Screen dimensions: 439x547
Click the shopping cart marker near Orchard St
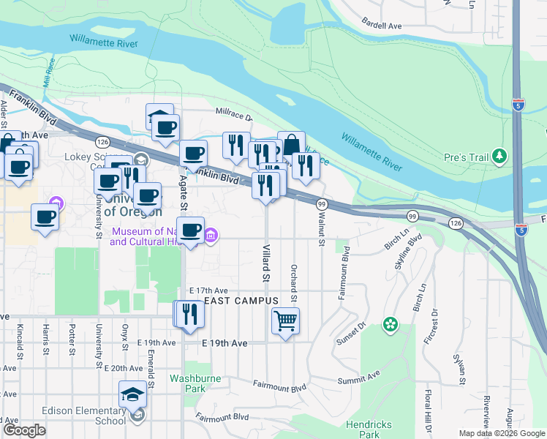coord(285,320)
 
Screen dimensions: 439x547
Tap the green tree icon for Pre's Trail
coord(499,156)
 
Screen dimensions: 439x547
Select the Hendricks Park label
coord(369,429)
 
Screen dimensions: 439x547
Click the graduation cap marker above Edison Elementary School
coord(132,394)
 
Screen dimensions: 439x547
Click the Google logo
coord(25,430)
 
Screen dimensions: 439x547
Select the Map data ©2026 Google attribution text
coord(502,433)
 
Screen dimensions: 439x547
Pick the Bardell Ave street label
coord(382,25)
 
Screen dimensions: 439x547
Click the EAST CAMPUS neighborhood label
coord(241,301)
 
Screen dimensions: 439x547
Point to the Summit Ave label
coord(359,380)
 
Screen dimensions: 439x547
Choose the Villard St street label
coord(266,263)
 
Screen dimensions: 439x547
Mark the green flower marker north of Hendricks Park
coord(391,323)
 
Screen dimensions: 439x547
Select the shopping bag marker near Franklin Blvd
coord(292,145)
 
